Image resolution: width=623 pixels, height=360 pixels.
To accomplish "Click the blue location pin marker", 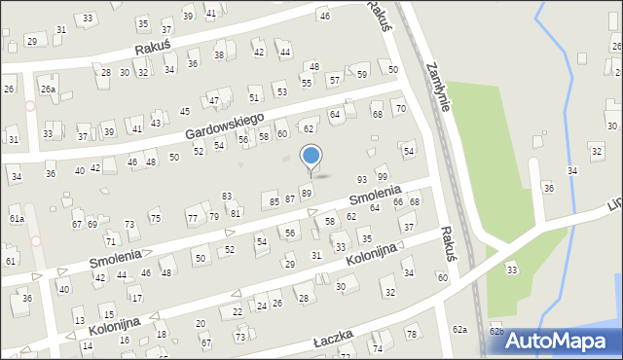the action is pyautogui.click(x=311, y=158).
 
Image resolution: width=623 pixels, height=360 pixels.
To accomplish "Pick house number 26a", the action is pyautogui.click(x=48, y=90).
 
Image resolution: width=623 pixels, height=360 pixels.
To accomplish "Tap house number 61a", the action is pyautogui.click(x=17, y=219).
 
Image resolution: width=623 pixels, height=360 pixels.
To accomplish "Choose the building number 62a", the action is pyautogui.click(x=459, y=331).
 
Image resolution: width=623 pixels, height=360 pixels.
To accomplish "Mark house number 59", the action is pyautogui.click(x=362, y=74).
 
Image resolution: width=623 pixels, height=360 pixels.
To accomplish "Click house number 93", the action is pyautogui.click(x=362, y=179).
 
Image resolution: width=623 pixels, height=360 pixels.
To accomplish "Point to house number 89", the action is pyautogui.click(x=306, y=194).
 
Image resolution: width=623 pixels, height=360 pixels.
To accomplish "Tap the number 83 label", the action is pyautogui.click(x=227, y=197).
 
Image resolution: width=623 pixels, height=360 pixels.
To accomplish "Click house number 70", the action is pyautogui.click(x=400, y=108).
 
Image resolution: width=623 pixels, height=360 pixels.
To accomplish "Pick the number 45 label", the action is pyautogui.click(x=184, y=112).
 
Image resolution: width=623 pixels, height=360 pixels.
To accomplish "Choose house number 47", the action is pyautogui.click(x=213, y=101).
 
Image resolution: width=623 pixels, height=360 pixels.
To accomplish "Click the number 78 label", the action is pyautogui.click(x=411, y=335).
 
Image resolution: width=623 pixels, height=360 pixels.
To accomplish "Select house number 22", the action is pyautogui.click(x=238, y=311).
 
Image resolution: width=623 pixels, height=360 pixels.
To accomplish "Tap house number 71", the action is pyautogui.click(x=110, y=240).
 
